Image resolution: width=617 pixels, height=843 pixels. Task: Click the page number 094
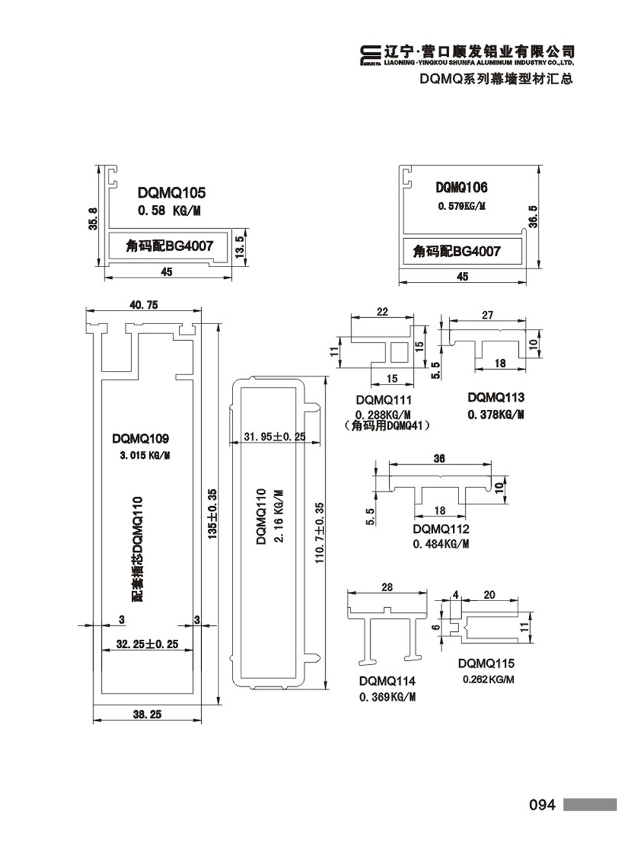pos(542,805)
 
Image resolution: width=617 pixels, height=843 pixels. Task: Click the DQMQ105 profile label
pos(172,193)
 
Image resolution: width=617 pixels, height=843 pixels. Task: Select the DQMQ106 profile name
pos(462,188)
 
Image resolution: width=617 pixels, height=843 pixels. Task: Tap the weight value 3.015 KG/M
pos(145,455)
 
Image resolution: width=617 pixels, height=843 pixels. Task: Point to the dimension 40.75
pos(143,304)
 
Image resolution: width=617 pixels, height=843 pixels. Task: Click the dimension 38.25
pos(147,714)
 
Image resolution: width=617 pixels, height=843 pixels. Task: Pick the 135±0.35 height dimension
pos(212,514)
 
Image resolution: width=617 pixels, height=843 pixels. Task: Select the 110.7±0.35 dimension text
pos(319,533)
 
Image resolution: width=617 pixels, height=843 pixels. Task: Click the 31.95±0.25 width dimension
pos(275,436)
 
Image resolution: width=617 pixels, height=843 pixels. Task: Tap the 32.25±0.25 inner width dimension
pos(147,644)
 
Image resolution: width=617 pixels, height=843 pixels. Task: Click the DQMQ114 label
pos(387,681)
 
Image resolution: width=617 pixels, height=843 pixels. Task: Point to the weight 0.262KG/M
pos(488,679)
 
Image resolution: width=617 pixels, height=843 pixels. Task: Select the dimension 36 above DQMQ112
pos(439,459)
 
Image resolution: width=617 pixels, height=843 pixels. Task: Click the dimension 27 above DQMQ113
pos(487,315)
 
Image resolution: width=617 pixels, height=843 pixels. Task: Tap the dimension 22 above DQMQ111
pos(383,312)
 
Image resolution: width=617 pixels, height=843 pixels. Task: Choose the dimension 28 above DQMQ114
pos(387,587)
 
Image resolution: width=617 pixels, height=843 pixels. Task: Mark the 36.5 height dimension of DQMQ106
pos(534,217)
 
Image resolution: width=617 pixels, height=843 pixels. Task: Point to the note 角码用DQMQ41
pos(387,426)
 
